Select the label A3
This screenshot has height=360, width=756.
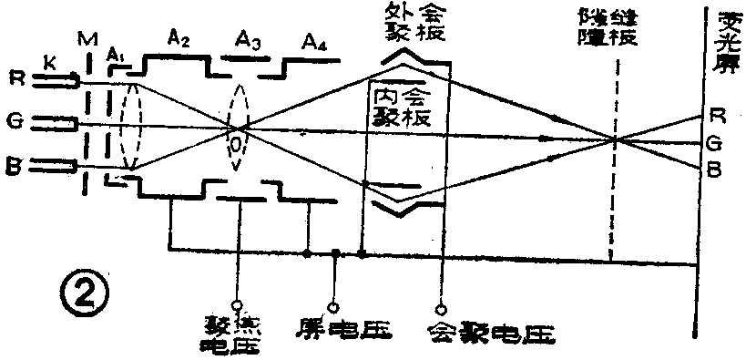coord(248,39)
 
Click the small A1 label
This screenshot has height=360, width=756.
coord(115,53)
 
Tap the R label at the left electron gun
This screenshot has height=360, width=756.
coord(15,80)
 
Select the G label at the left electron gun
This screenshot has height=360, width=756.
coord(15,122)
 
